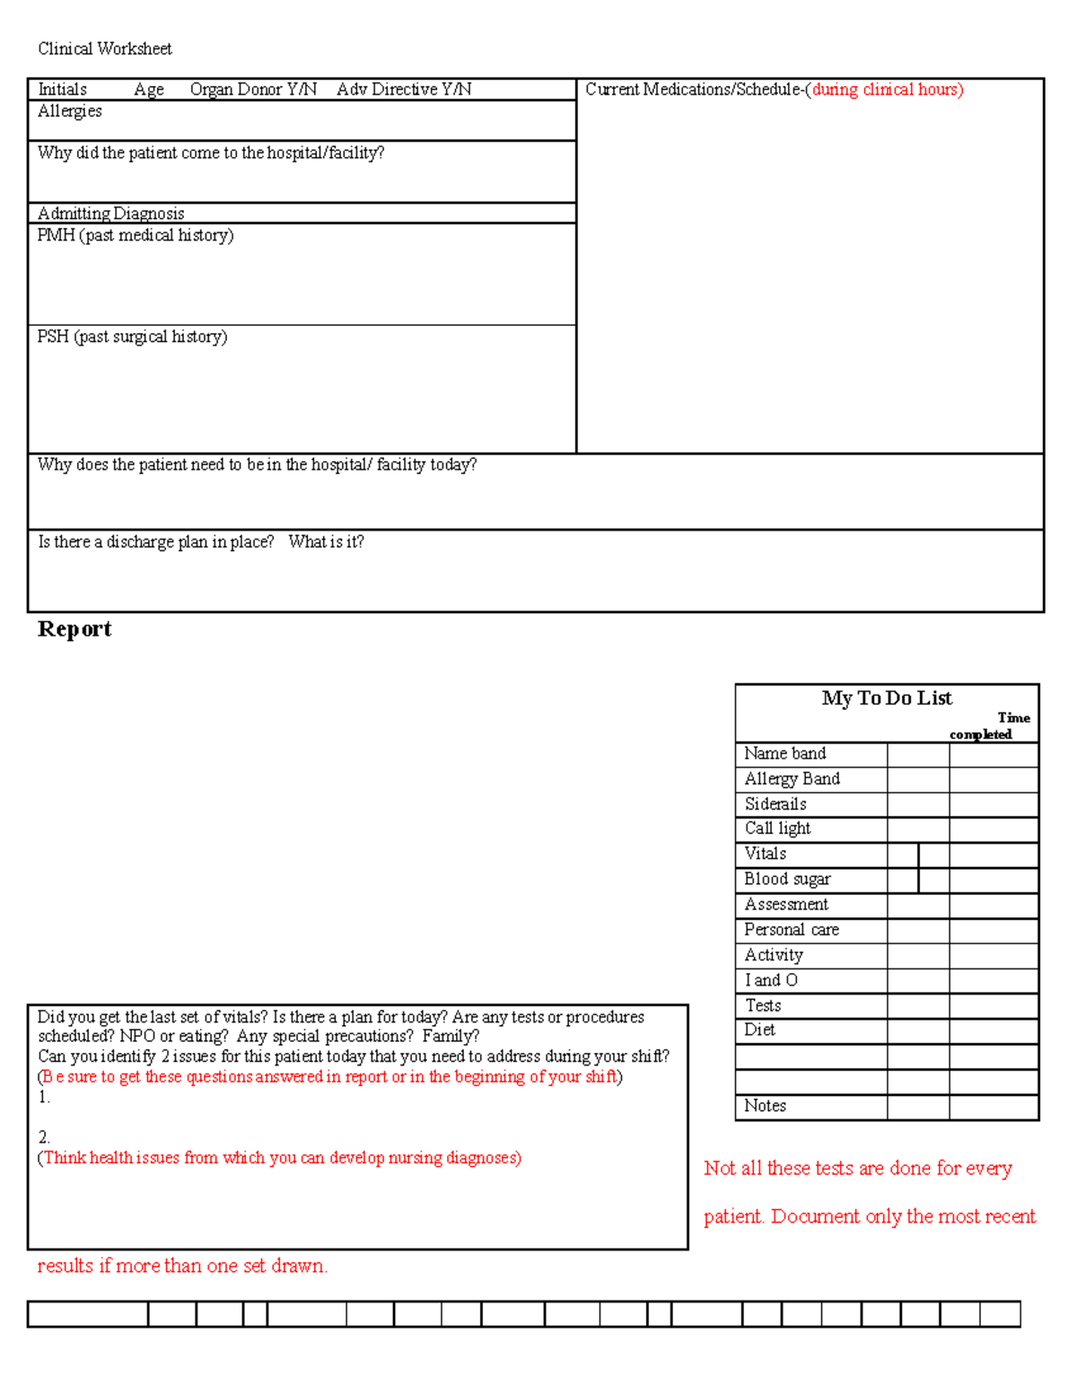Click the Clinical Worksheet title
[104, 48]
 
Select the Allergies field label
[70, 111]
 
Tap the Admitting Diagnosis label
[111, 213]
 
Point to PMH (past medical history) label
[136, 235]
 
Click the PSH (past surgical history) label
[132, 337]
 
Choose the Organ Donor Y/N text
[253, 89]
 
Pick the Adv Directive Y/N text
[404, 89]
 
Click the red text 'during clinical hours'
[887, 89]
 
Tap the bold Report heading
[74, 629]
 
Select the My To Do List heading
[887, 698]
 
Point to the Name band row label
[785, 754]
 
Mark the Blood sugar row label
[787, 880]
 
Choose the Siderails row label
[775, 804]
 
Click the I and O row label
[771, 980]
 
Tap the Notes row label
[765, 1106]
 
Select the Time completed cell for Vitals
[994, 855]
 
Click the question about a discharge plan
[201, 542]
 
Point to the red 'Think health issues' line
[279, 1158]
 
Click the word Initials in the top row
[62, 89]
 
